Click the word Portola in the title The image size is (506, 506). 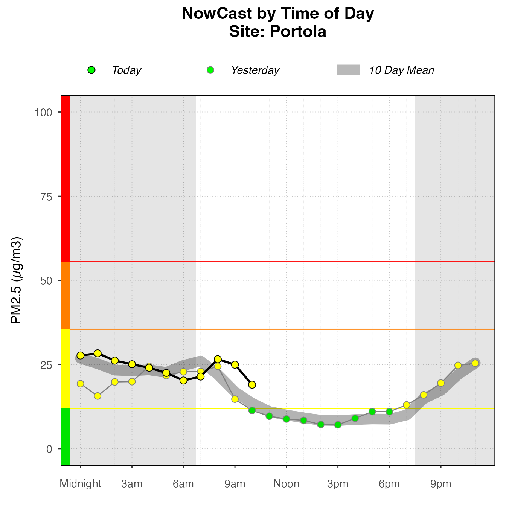(298, 32)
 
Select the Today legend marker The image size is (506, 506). (91, 70)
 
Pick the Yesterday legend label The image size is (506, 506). (255, 70)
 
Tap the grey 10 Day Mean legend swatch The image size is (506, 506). (348, 70)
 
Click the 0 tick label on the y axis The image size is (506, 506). (49, 449)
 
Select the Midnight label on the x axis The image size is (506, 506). (80, 484)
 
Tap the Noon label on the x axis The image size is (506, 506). (287, 484)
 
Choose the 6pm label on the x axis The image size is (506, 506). (389, 484)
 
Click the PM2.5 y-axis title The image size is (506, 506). (17, 280)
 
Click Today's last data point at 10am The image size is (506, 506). (252, 384)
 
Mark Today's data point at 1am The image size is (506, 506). (98, 353)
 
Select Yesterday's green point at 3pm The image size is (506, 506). (338, 425)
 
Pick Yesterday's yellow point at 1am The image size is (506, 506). (98, 396)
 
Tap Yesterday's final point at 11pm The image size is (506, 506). (475, 363)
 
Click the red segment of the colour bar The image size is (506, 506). (65, 178)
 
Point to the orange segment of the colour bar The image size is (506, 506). (65, 296)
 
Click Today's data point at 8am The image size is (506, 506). (218, 359)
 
